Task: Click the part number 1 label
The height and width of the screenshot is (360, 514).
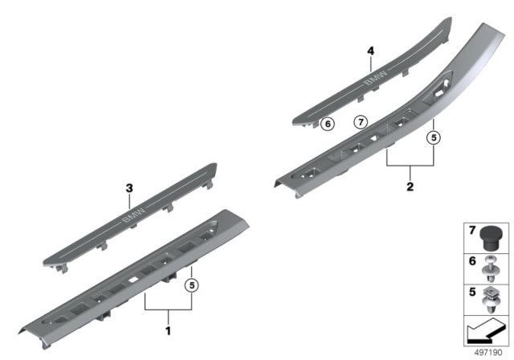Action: tap(168, 330)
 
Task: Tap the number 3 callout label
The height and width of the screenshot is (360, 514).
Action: tap(128, 188)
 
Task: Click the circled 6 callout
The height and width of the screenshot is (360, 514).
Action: tap(326, 124)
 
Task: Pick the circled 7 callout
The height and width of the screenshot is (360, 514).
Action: tap(360, 123)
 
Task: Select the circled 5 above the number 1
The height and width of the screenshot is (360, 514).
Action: tap(191, 284)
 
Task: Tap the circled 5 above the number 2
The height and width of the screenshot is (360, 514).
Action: tap(434, 137)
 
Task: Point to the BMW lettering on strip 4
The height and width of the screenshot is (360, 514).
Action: tap(375, 78)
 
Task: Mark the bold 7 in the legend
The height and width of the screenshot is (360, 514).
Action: tap(472, 231)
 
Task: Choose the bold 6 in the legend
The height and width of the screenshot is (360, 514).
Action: tap(472, 262)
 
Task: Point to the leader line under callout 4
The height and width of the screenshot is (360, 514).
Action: tap(371, 63)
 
